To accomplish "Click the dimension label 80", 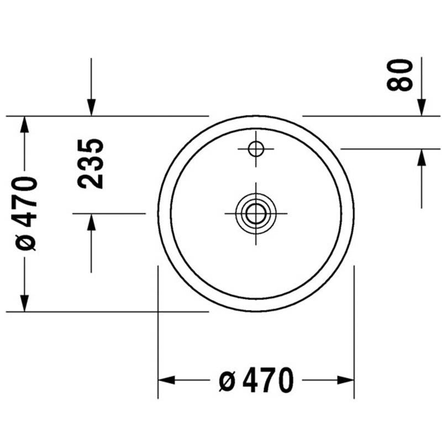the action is [x=399, y=75].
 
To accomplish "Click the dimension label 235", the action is [x=91, y=164].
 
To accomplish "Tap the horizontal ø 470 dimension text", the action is [x=256, y=380].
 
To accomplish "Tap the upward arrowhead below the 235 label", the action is [x=91, y=222].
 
